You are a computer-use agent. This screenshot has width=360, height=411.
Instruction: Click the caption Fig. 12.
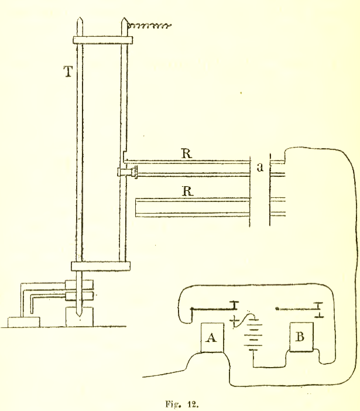[x=180, y=403]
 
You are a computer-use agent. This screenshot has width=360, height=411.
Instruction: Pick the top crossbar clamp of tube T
[x=102, y=42]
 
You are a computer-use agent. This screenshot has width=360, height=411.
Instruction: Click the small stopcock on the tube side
[x=126, y=172]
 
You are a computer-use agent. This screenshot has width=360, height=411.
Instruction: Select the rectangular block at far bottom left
[x=23, y=322]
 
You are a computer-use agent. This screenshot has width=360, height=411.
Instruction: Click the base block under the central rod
[x=78, y=316]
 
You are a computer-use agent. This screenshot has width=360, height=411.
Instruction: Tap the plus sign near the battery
[x=236, y=320]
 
